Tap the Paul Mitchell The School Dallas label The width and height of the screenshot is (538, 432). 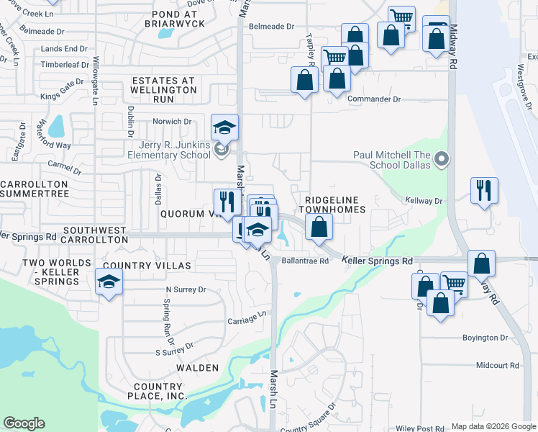click(392, 159)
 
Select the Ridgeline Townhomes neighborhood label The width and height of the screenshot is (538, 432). click(335, 204)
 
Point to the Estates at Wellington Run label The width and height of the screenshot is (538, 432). click(163, 86)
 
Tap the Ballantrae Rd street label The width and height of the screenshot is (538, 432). click(305, 261)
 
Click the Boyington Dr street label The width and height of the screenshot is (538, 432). click(485, 338)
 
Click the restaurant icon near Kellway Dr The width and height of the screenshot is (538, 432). click(484, 191)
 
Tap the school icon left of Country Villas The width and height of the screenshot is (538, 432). click(109, 282)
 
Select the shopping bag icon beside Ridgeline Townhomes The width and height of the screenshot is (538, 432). click(319, 228)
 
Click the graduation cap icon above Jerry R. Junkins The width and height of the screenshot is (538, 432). click(225, 128)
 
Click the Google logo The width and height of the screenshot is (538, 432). click(24, 423)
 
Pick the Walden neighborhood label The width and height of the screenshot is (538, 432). click(198, 368)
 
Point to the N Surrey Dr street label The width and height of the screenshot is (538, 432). click(186, 289)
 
